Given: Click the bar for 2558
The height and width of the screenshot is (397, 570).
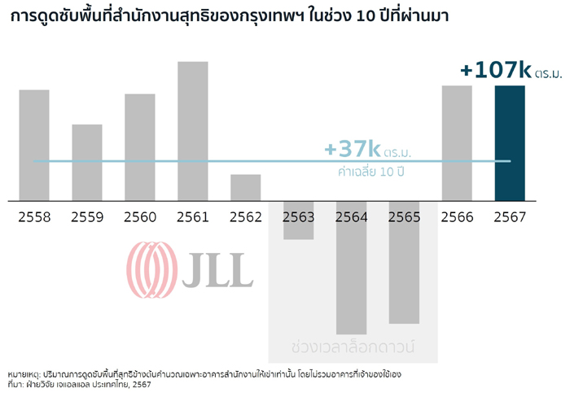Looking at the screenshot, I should coord(34,145).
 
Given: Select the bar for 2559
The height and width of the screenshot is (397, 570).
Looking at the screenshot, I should coord(87,162).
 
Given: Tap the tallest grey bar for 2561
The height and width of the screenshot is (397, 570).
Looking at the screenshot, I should coord(193,130).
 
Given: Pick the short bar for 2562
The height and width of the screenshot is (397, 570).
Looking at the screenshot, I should coord(246,187).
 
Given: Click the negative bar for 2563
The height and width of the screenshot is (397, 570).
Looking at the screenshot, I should coord(299,220).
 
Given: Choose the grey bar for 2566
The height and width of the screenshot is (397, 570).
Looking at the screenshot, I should coord(457,142).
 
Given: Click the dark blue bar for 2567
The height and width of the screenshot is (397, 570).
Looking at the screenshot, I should coord(510,142).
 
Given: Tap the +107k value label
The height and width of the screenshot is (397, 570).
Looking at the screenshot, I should coord(495,70).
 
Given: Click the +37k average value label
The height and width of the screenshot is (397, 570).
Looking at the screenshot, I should coord(353,149).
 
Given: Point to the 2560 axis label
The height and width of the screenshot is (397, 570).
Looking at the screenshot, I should coord(140,217).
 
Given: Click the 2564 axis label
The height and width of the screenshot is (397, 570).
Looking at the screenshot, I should coord(352,217).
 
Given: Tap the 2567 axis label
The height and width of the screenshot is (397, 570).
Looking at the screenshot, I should coord(510,217).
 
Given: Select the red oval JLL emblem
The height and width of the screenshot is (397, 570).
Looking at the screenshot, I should coord(151,270).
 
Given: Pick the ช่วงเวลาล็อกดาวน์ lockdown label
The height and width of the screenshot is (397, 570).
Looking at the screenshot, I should coord(353,345).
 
